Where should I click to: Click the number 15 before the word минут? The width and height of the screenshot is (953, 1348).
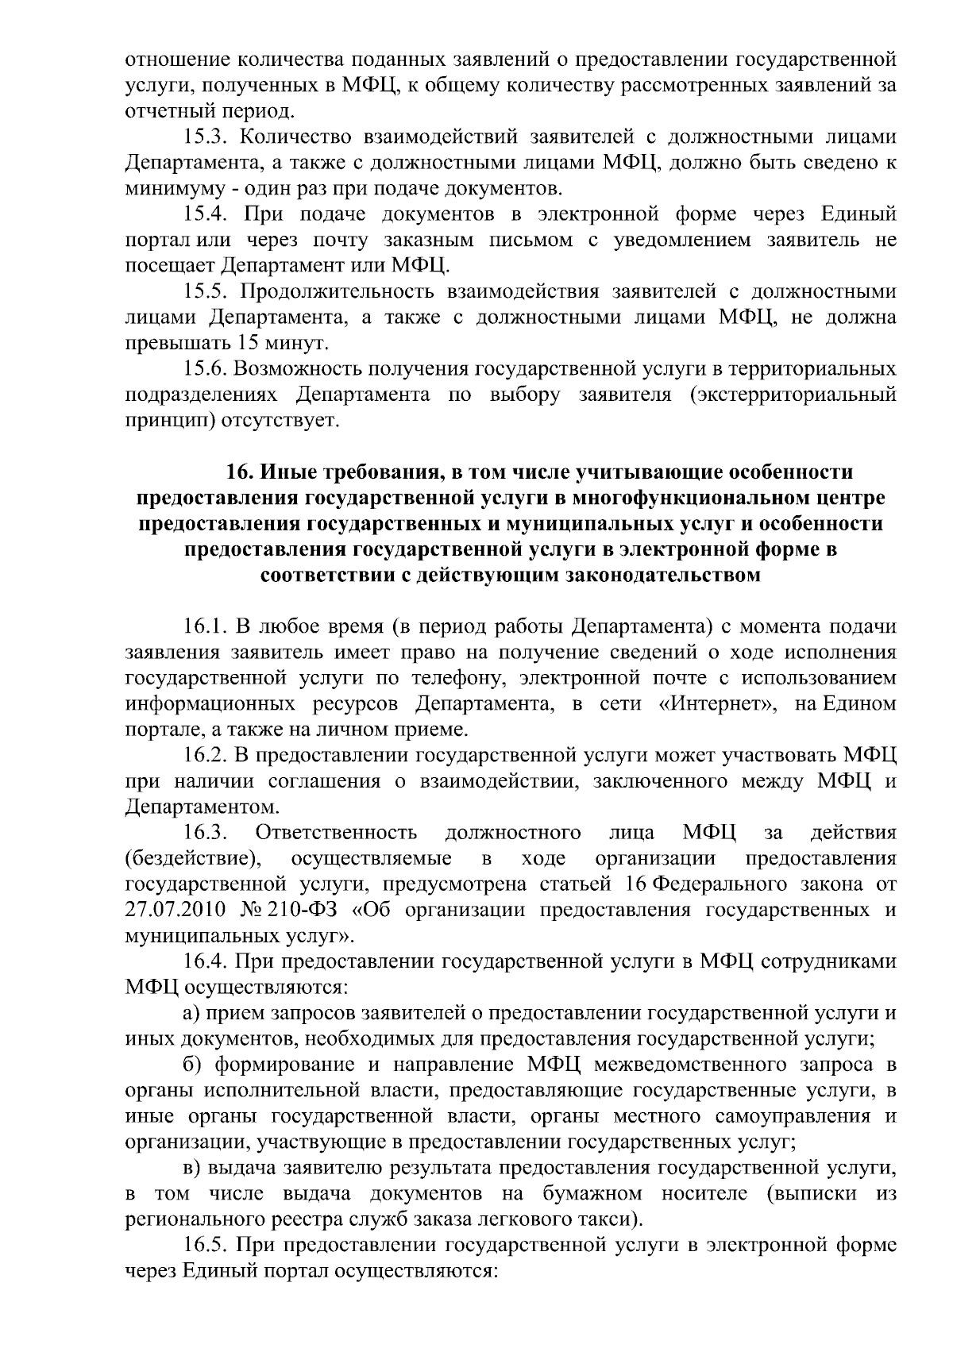point(245,344)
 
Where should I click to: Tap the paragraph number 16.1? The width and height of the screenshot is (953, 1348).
point(205,627)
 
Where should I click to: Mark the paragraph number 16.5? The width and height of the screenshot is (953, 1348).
point(205,1246)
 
